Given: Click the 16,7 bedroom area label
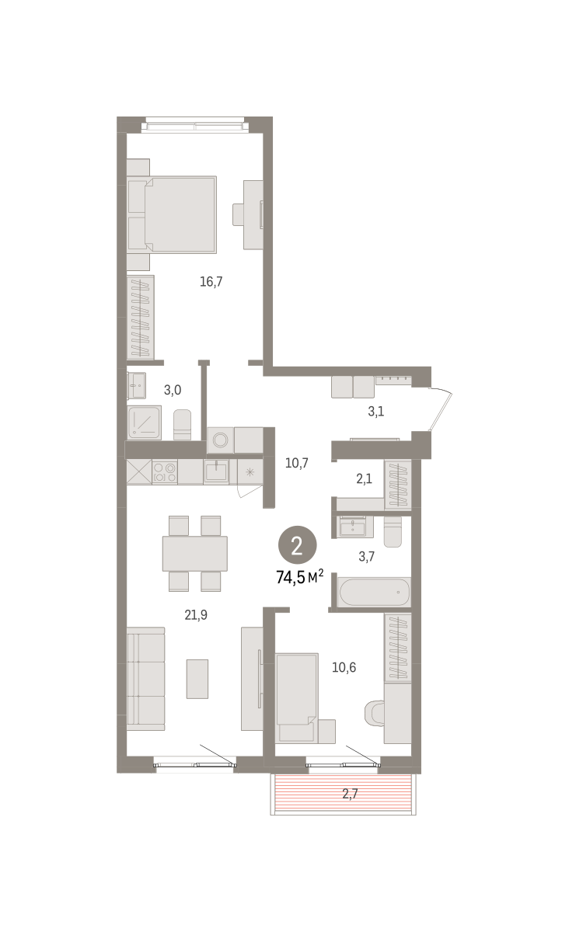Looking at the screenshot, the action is [x=211, y=282].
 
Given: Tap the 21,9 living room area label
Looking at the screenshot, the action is [x=196, y=614].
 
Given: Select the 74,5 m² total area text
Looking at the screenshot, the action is [x=300, y=577].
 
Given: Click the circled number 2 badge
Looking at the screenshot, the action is [x=298, y=545].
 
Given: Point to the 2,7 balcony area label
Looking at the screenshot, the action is [x=350, y=794].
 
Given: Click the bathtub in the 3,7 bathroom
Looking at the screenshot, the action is [x=375, y=592].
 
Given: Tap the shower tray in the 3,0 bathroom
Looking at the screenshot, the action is [x=144, y=423].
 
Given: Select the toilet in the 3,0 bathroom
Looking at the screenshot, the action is [x=182, y=425].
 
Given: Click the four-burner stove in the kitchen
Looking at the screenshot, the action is [x=165, y=472].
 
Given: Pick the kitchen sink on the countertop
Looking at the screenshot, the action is [x=216, y=471].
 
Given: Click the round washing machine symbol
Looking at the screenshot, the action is [x=220, y=440].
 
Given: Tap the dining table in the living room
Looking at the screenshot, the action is [x=195, y=553].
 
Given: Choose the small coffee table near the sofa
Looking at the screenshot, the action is [x=197, y=679].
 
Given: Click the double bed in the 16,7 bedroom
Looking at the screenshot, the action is [x=172, y=214].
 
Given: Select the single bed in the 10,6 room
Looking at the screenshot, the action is [x=297, y=697].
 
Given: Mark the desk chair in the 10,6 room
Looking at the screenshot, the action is [x=374, y=713].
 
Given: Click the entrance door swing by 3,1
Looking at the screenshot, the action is [x=440, y=409].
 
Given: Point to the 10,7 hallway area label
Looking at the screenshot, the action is [x=297, y=463].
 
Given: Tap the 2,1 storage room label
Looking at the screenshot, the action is [x=364, y=478].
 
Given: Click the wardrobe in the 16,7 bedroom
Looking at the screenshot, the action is [x=141, y=318].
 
